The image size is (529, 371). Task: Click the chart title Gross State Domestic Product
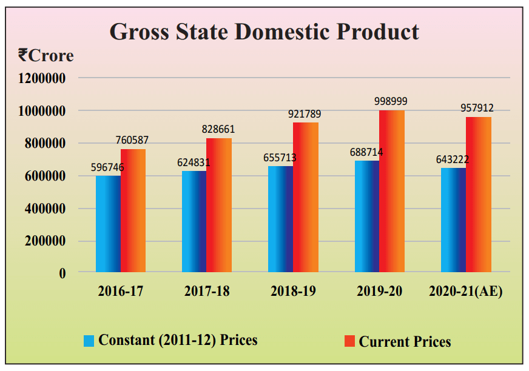click(x=264, y=32)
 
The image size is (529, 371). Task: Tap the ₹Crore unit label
click(x=45, y=56)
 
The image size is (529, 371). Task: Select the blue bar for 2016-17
click(x=108, y=224)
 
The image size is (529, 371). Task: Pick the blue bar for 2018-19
click(x=280, y=219)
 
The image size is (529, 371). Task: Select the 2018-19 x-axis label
click(x=293, y=292)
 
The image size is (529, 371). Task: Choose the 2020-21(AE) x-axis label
click(x=466, y=292)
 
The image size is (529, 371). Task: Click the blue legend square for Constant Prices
click(x=89, y=341)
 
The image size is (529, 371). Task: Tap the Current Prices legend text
click(x=405, y=342)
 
